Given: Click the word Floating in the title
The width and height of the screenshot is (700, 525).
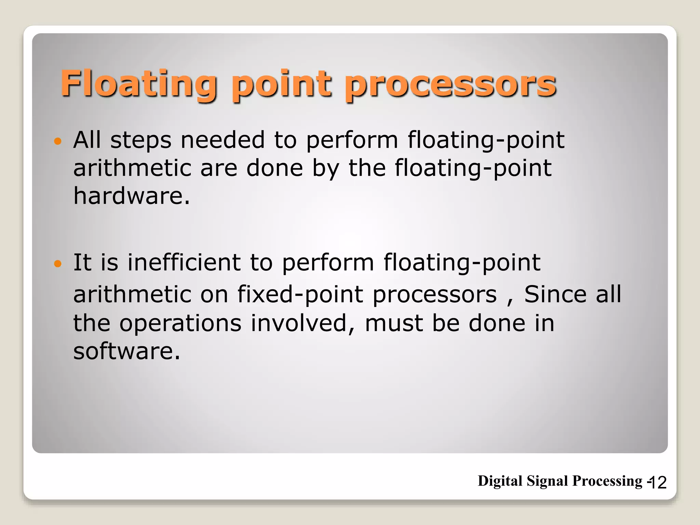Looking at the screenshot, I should pos(139,84).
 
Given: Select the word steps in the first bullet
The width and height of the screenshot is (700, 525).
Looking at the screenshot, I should pos(141,140).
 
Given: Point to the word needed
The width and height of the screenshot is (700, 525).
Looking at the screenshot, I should pos(223,140).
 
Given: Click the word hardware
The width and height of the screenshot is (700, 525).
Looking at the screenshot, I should pos(131,196).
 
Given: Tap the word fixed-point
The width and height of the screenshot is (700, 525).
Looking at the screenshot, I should pos(300,294).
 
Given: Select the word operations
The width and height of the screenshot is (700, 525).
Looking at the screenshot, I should pos(180,323).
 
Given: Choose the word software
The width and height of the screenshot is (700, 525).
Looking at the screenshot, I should pos(126,351).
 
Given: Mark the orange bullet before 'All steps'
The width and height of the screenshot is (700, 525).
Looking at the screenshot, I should pos(58,141).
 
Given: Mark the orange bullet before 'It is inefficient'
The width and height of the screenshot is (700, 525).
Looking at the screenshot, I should pos(58,263).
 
